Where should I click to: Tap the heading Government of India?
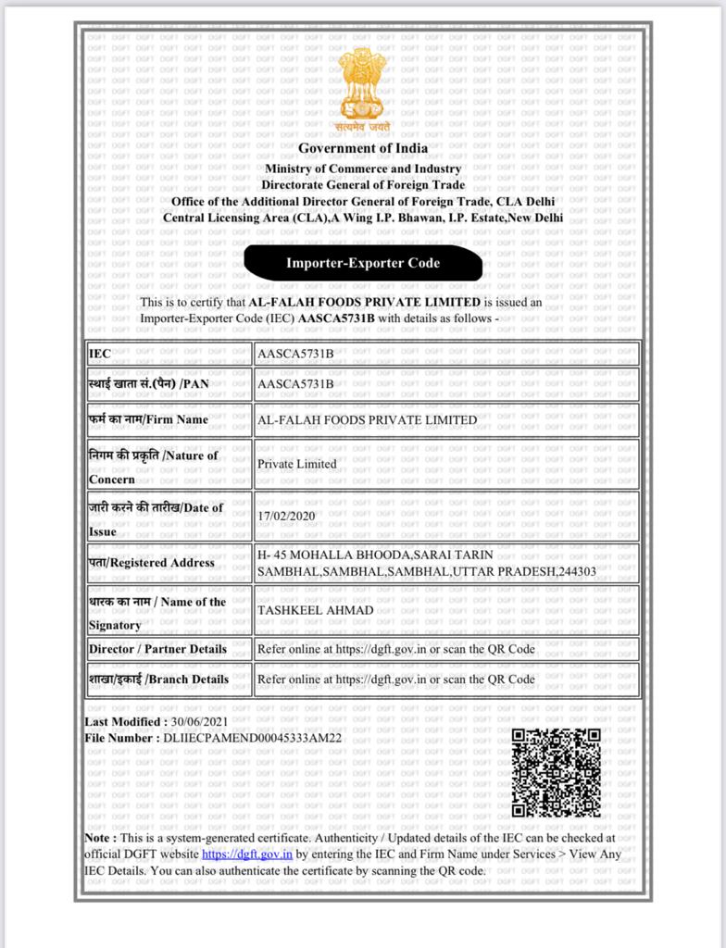(363, 148)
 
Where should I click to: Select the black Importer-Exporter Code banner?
(362, 263)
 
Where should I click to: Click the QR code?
(556, 772)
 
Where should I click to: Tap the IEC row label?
(99, 354)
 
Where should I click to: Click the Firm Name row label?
(148, 419)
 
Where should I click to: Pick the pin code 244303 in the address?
(576, 572)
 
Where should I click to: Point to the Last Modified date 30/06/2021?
(198, 721)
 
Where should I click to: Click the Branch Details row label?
(158, 679)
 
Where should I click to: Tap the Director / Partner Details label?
(157, 649)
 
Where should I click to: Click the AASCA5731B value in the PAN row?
(295, 384)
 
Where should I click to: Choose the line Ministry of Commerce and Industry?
(363, 168)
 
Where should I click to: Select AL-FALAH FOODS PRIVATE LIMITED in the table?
(367, 419)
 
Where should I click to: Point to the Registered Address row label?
(151, 562)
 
